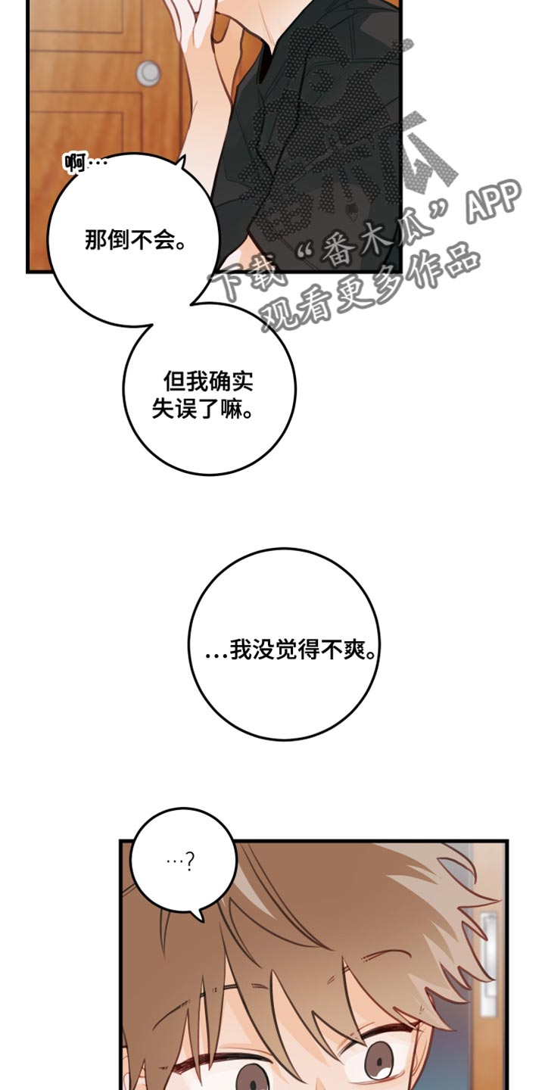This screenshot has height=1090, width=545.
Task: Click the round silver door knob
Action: click(x=148, y=73)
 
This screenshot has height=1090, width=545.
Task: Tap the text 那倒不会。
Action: click(x=135, y=240)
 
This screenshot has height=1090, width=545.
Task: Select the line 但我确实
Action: click(x=209, y=381)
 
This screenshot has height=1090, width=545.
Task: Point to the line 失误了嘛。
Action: click(x=203, y=409)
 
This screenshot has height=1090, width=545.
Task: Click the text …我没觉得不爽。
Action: click(x=291, y=649)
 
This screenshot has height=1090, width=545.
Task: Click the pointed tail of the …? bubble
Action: click(x=200, y=919)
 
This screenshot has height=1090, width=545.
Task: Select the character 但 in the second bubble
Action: click(x=174, y=381)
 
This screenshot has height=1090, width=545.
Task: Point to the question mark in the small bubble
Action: click(x=189, y=863)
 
